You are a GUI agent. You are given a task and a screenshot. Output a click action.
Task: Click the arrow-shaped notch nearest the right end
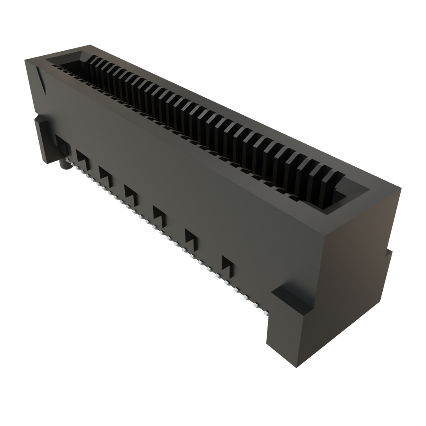[228, 264]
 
